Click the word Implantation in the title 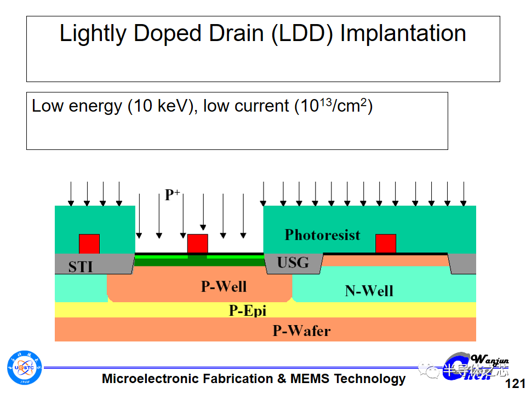(x=403, y=34)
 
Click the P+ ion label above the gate (x=173, y=194)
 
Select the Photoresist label (x=322, y=235)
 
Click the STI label (x=81, y=268)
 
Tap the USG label (x=293, y=263)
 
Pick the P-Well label (x=224, y=286)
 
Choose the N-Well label (x=369, y=291)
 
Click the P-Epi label (x=247, y=310)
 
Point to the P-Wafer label (x=301, y=331)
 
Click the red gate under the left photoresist (x=89, y=244)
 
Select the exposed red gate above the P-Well (x=198, y=244)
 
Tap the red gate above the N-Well (x=386, y=244)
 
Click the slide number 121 (x=515, y=384)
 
